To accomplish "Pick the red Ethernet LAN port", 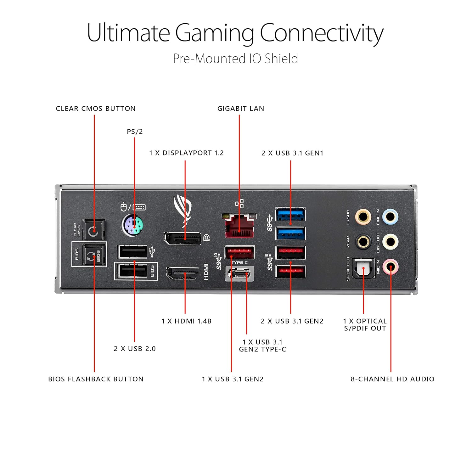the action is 239,226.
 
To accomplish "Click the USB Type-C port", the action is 239,274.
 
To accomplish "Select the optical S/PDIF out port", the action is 363,268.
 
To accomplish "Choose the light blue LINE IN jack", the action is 391,217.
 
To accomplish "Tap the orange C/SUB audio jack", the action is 363,217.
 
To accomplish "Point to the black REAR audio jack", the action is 363,242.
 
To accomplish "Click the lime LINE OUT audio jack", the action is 391,242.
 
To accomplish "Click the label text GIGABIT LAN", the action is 241,109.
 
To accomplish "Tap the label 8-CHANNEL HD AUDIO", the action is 392,379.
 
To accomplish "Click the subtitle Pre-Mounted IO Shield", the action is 235,59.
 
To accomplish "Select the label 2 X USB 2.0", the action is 135,349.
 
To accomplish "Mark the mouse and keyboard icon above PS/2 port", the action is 133,207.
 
